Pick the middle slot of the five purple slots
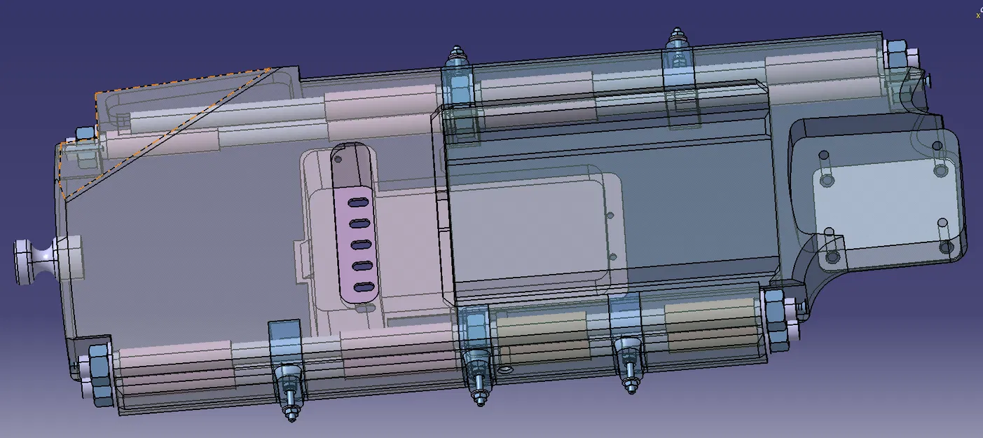tap(361, 245)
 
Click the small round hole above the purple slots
tap(341, 158)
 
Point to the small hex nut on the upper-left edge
tap(84, 133)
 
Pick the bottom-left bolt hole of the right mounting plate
tap(832, 257)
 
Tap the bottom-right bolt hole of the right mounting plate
tap(947, 247)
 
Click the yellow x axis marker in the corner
tap(978, 15)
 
